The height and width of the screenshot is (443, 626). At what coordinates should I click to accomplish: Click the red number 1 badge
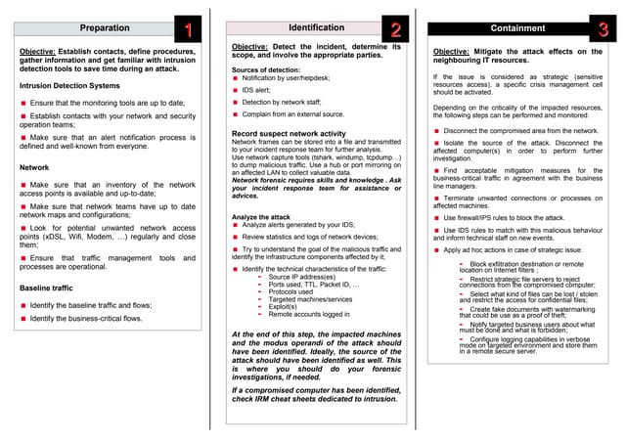point(188,29)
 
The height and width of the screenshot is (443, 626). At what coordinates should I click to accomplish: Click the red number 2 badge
point(395,29)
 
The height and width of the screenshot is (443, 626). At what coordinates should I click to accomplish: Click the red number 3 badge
point(604,29)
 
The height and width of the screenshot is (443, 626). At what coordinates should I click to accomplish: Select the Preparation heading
point(103,28)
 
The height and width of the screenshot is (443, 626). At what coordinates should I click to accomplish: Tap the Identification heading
point(316,27)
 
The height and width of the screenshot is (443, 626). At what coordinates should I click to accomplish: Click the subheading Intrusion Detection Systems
point(69,86)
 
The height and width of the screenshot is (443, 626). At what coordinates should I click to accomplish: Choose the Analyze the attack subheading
point(261,216)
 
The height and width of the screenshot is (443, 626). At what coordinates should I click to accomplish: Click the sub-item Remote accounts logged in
point(309,315)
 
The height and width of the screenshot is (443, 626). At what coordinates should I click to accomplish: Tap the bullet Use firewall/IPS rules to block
point(503,217)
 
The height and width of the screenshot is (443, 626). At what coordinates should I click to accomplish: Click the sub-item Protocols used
point(291,292)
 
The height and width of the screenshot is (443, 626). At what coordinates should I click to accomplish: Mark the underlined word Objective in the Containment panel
point(451,52)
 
